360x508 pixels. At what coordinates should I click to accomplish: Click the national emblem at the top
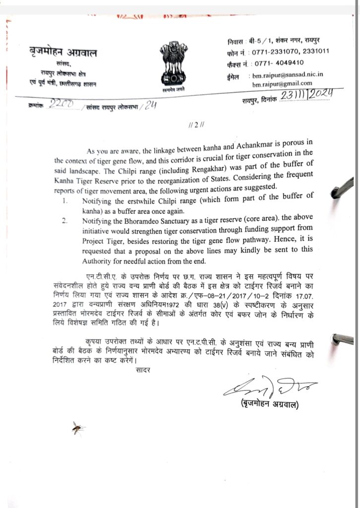click(x=173, y=63)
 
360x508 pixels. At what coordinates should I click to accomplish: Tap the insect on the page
click(x=77, y=427)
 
